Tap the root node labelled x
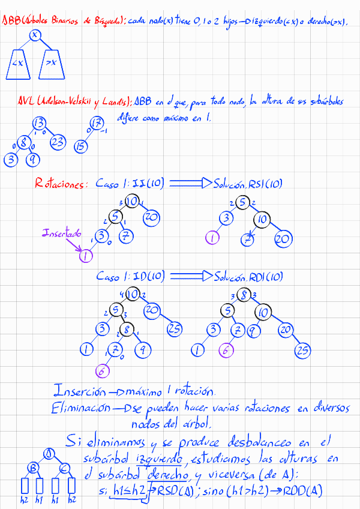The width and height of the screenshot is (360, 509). point(34,34)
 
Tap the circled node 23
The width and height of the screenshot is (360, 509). point(57,142)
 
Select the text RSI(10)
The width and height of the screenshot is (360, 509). point(265,184)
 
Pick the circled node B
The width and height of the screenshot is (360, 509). point(35,468)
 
